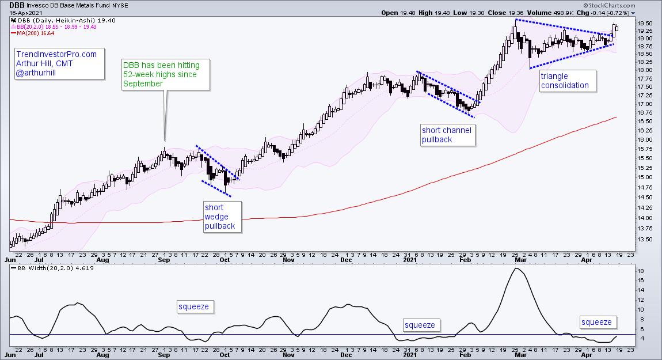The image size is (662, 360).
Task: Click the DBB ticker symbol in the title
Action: coord(17,5)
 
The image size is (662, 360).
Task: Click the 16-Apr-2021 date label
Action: coord(23,12)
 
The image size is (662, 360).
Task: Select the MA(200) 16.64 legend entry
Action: coord(31,33)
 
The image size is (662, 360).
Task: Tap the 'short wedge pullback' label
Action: coord(220,217)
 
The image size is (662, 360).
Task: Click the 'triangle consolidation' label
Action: coord(564,81)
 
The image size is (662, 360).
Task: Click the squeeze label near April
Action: coord(596,322)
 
